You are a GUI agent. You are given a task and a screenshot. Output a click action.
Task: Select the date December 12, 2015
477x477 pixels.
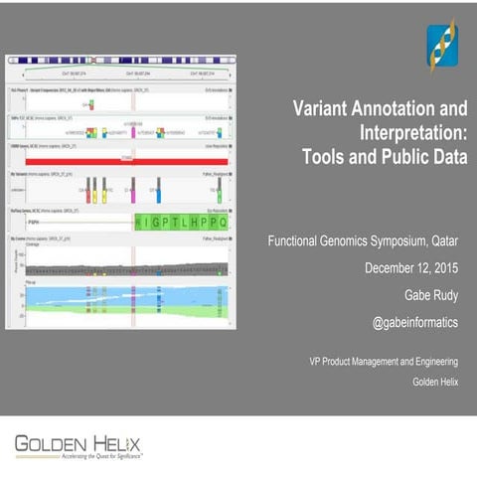[416, 268]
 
